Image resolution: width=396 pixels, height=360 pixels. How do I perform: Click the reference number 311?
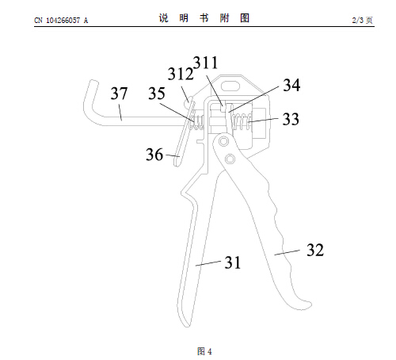(x=206, y=63)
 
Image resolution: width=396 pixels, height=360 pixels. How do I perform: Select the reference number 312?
(x=181, y=74)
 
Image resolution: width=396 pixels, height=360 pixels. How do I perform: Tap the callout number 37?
(x=119, y=94)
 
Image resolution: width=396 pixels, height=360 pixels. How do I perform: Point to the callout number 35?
(x=157, y=94)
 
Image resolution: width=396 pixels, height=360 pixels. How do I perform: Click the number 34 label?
(x=291, y=85)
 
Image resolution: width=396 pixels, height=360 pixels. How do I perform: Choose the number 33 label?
(x=291, y=119)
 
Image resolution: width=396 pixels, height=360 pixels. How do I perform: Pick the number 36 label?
(x=154, y=155)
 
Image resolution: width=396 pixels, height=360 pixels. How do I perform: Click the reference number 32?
(x=315, y=250)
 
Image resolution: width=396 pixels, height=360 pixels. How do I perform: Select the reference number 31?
(x=233, y=262)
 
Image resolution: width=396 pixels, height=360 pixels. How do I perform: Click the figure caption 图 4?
(x=204, y=351)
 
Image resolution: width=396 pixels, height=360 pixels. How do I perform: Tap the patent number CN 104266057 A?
(x=61, y=21)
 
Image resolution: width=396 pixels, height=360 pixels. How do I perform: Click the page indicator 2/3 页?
(x=362, y=20)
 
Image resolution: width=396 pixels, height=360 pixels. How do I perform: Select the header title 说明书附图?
(x=204, y=18)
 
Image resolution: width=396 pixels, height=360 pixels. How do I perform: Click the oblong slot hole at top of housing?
(x=230, y=86)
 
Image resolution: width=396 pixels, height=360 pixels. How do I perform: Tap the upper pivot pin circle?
(x=223, y=141)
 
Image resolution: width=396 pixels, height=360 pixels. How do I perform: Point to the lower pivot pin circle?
(x=230, y=159)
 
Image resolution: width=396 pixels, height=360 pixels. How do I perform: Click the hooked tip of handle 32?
(x=307, y=305)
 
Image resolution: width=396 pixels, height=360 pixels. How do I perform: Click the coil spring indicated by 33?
(x=242, y=121)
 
